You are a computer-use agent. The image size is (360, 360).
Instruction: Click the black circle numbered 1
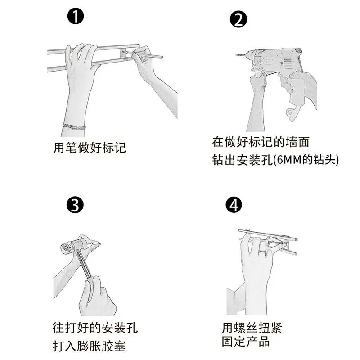76,16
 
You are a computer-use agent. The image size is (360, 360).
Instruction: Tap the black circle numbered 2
238,19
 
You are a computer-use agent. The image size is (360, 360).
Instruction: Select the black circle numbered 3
75,205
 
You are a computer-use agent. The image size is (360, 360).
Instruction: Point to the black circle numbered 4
234,205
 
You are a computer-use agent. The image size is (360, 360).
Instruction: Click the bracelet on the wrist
74,127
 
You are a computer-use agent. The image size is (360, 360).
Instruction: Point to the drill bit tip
237,55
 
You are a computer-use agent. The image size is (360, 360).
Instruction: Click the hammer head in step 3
74,245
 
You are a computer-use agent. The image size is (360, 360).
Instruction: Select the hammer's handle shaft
85,265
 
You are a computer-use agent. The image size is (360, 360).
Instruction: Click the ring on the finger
263,252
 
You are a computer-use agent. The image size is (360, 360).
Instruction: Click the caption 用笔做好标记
90,148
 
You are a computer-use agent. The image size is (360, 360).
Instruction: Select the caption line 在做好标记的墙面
261,142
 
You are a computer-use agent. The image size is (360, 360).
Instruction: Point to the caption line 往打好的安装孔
95,328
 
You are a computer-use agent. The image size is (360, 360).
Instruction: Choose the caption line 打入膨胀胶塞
89,346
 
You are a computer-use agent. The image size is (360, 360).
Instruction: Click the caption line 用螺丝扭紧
252,328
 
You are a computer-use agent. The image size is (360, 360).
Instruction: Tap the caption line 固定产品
246,342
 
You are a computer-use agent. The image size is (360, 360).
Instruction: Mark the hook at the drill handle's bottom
291,114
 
